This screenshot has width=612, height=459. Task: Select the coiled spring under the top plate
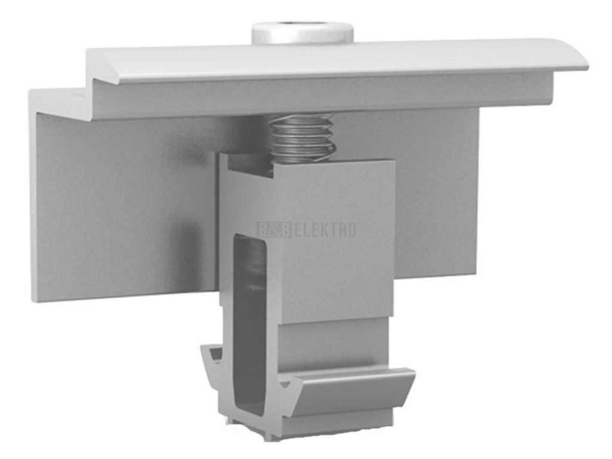[x=302, y=137]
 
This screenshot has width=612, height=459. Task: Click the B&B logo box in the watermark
[x=274, y=229]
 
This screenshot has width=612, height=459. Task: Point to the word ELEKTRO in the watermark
[x=325, y=230]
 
